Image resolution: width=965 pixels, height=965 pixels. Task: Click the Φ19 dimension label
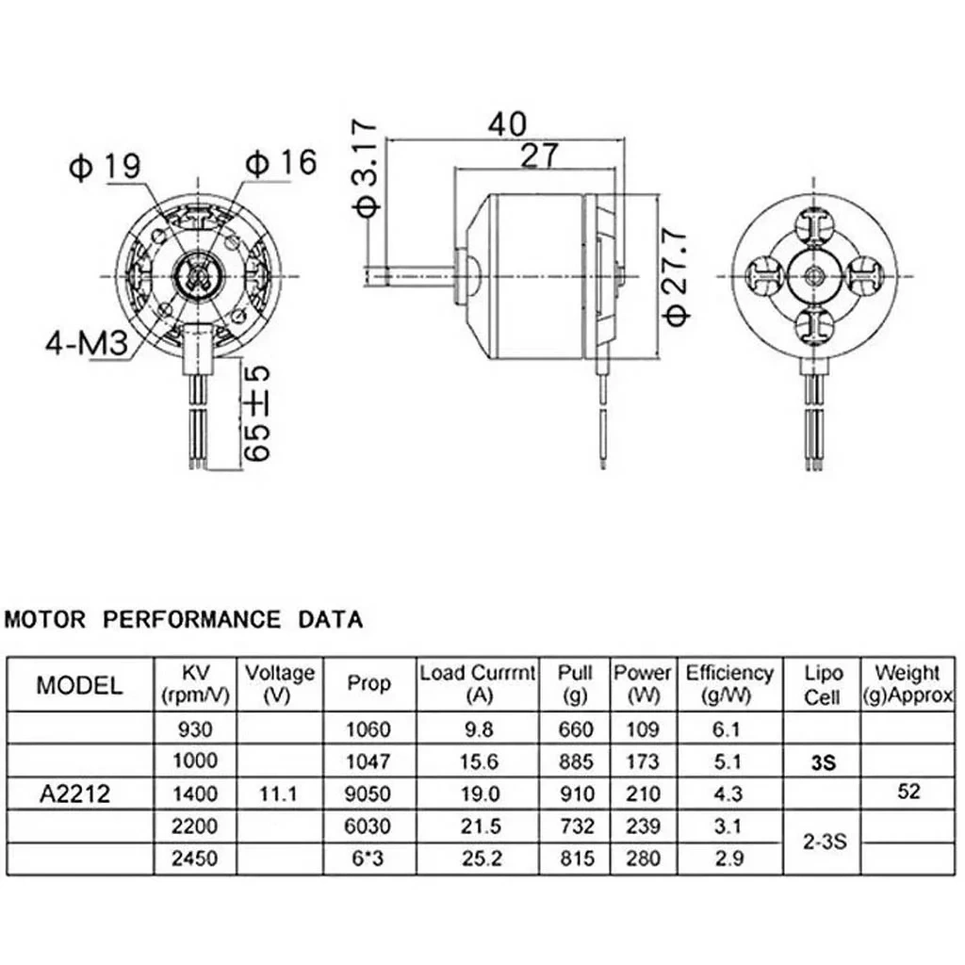click(x=106, y=166)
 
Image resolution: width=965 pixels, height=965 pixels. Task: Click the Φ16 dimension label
click(x=281, y=162)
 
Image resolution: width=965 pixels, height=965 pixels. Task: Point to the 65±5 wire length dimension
click(x=257, y=414)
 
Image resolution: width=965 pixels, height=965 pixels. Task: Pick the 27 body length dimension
click(x=539, y=155)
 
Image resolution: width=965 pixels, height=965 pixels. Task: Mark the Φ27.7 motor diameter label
click(x=676, y=276)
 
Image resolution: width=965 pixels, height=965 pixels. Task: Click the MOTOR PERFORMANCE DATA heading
click(x=184, y=619)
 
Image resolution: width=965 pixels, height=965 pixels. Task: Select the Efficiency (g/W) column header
click(x=729, y=684)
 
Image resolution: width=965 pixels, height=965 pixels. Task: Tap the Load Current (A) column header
click(x=478, y=684)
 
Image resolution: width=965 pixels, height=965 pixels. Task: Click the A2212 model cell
click(x=75, y=793)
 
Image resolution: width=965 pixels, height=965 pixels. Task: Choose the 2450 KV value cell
click(x=195, y=858)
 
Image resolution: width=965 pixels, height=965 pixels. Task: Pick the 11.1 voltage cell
click(x=278, y=793)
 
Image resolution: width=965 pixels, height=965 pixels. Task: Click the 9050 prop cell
click(x=368, y=793)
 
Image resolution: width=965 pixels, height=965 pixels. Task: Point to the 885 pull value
click(x=576, y=761)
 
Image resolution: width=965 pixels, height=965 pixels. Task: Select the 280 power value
click(x=643, y=858)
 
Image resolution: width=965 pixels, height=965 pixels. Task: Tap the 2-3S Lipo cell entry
click(x=825, y=842)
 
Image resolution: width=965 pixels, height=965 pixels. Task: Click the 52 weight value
click(x=909, y=791)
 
